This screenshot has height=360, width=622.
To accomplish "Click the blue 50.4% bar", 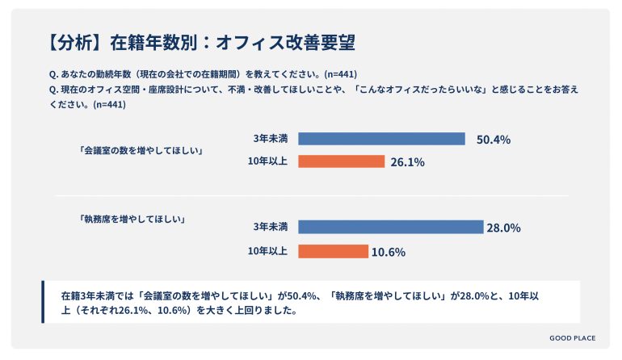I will [381, 139].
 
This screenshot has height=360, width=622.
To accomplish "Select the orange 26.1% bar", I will [341, 161].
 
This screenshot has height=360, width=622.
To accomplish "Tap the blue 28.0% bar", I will [390, 228].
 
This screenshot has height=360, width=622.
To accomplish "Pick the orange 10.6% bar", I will [333, 251].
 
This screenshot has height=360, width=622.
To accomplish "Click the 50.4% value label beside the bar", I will [493, 140].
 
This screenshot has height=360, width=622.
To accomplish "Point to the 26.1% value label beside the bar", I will [407, 162].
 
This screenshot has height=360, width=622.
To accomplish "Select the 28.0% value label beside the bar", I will [502, 228].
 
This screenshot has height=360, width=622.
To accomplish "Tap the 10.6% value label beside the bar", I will [388, 252].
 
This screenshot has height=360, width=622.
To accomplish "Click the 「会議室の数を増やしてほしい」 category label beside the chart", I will [139, 150].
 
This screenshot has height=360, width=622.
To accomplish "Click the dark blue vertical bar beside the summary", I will [43, 302].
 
